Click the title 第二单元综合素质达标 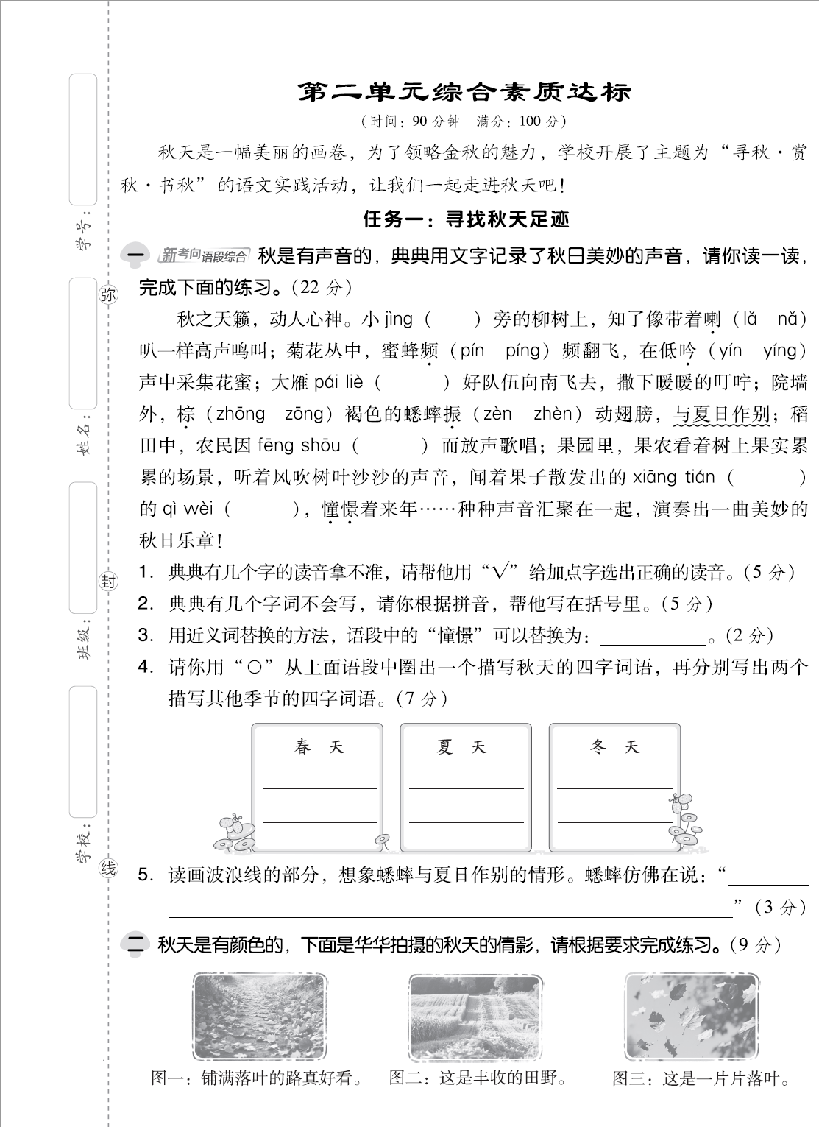[464, 93]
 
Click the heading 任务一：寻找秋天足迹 [466, 219]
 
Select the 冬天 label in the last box [614, 748]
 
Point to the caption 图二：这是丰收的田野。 [478, 1078]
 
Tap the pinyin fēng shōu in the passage [298, 445]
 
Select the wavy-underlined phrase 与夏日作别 [721, 414]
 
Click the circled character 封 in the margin [108, 582]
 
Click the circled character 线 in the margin [108, 869]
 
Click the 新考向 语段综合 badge [203, 255]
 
